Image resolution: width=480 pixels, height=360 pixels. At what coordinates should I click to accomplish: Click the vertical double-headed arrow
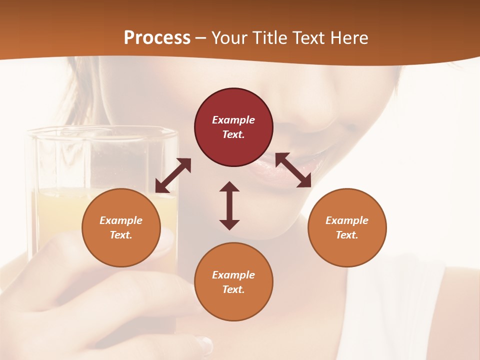(229, 205)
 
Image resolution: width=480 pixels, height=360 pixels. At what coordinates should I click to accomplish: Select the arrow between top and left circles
(173, 175)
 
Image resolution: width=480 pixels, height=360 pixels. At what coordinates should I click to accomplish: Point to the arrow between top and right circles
(293, 170)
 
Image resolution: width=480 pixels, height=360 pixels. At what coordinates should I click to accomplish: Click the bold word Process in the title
(157, 38)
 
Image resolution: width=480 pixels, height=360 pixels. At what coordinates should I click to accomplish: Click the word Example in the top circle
(233, 120)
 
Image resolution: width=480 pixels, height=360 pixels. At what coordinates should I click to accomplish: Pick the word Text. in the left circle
(121, 235)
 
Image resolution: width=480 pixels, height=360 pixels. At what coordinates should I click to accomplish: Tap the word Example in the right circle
(347, 220)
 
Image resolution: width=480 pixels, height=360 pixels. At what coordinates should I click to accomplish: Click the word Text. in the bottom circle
(233, 289)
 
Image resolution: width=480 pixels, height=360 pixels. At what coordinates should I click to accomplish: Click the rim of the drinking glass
(100, 131)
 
